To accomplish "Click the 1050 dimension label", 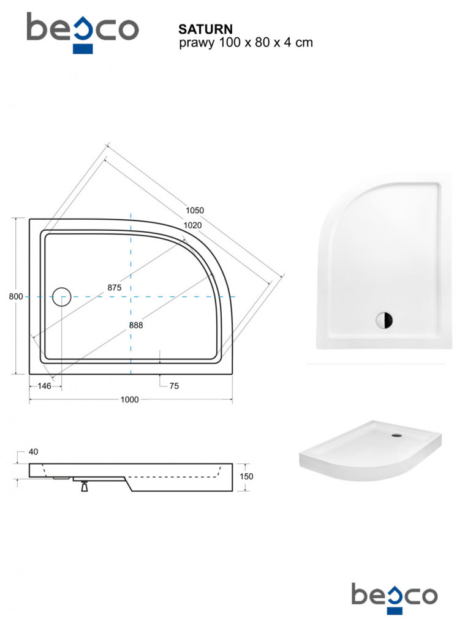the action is (x=194, y=211).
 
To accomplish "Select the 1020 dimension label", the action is (x=192, y=225).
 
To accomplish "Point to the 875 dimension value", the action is (x=115, y=288).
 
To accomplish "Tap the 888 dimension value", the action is (x=136, y=326).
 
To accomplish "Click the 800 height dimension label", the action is (x=16, y=297).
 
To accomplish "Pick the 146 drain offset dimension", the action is (x=45, y=386).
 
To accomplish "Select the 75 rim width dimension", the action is (x=174, y=386).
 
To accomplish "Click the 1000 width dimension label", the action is (x=130, y=399).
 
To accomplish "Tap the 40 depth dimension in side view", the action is (x=33, y=452).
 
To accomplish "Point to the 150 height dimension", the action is (x=246, y=476).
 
